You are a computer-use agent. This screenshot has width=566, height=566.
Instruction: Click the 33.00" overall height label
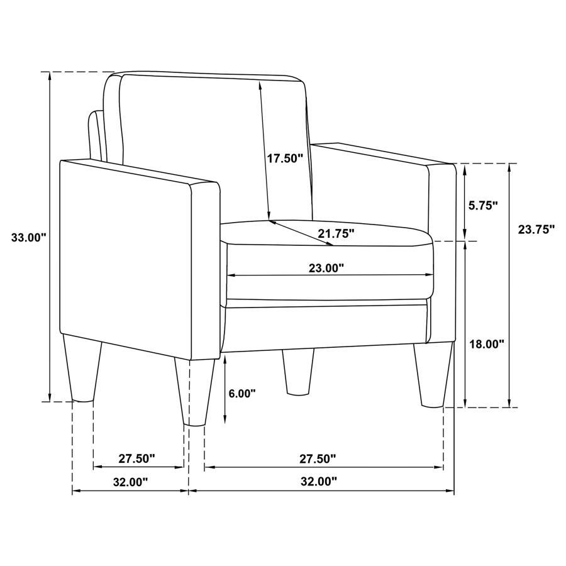[x=28, y=238]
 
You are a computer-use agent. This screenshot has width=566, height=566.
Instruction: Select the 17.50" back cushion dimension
[x=285, y=158]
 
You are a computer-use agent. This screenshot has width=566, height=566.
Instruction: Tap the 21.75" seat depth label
[x=336, y=234]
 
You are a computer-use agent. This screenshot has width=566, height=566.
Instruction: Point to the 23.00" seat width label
[x=326, y=268]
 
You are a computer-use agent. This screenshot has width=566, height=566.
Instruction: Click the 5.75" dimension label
[x=484, y=205]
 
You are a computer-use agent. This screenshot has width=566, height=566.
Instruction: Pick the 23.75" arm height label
[x=536, y=230]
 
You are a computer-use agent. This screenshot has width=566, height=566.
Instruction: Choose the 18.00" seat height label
[x=487, y=344]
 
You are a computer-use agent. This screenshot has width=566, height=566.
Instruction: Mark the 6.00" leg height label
[x=242, y=394]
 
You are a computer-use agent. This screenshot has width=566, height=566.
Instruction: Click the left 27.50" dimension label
[x=136, y=459]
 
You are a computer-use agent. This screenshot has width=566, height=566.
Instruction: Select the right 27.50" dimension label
[x=317, y=459]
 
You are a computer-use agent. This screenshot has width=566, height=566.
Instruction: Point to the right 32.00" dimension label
[x=319, y=482]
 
